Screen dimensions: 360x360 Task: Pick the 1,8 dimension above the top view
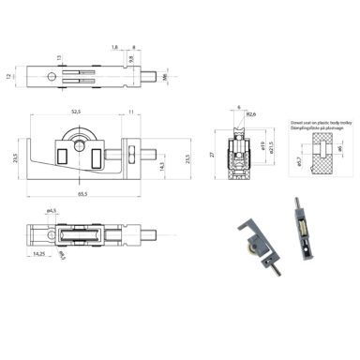coord(113,45)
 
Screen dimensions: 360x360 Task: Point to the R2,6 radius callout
coord(249,114)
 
